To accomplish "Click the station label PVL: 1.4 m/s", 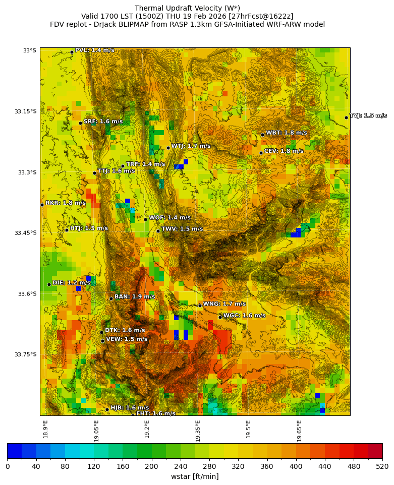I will (x=94, y=50).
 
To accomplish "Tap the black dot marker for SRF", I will (x=80, y=123).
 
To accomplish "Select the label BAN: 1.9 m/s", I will (x=135, y=297).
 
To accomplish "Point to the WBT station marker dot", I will (x=262, y=135).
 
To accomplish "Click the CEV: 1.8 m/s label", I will (x=284, y=151).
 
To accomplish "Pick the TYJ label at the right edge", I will (x=368, y=116).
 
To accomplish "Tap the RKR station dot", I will (x=42, y=205).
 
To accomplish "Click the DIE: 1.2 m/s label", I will (x=71, y=283).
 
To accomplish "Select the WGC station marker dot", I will (x=220, y=317).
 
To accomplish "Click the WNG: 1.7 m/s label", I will (x=224, y=304).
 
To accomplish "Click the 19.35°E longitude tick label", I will (x=198, y=431).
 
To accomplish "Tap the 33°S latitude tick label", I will (x=29, y=50).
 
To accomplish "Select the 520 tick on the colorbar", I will (x=382, y=467).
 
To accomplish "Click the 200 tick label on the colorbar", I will (x=151, y=467).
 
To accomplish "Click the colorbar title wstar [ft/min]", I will (x=195, y=476).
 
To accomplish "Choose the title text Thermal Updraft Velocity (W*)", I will (x=187, y=8).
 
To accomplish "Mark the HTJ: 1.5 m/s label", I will (x=89, y=228).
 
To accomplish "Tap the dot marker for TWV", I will (x=158, y=231).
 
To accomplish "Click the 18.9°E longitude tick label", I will (x=45, y=429).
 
